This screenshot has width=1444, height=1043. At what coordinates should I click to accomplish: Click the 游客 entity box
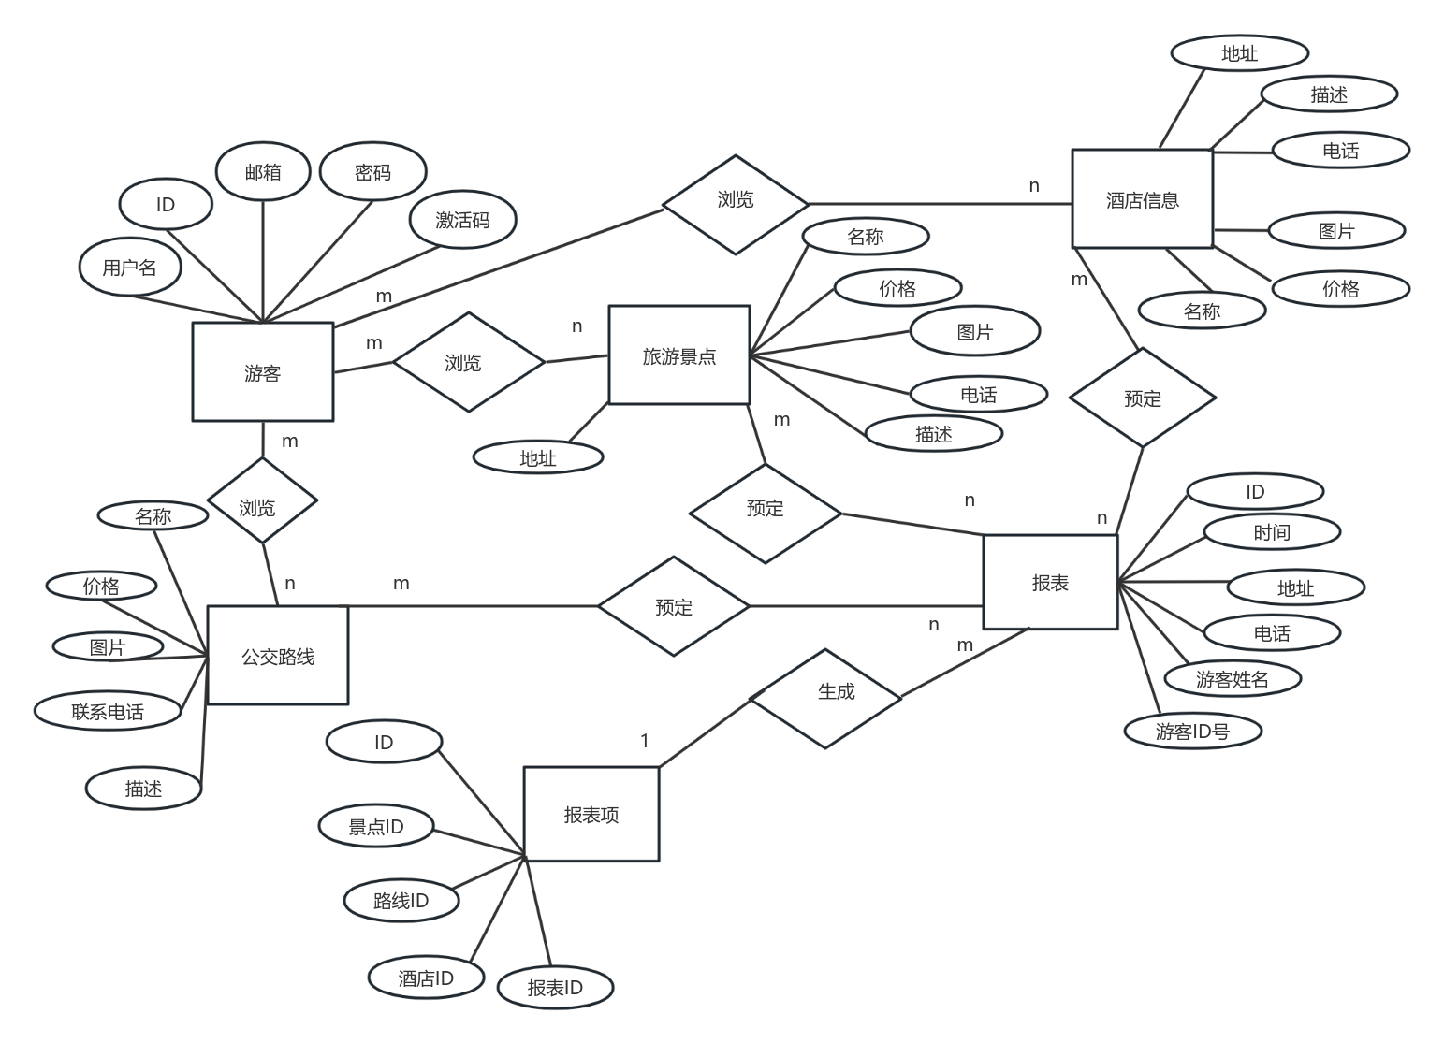coord(262,372)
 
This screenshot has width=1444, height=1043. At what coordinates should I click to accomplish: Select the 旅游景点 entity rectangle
coord(678,355)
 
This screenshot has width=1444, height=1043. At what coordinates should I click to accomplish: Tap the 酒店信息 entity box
coord(1142,199)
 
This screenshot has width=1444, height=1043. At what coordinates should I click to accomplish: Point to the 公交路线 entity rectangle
coord(277,656)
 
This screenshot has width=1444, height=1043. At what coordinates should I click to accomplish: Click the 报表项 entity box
coord(591,814)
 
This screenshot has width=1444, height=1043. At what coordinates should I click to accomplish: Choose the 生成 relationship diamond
coord(826,697)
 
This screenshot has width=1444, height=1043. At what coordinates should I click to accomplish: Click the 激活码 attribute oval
coord(462,220)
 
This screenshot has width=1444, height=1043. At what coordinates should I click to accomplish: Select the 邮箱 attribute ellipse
coord(263,172)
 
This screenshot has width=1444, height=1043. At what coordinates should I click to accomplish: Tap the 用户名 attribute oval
coord(129,268)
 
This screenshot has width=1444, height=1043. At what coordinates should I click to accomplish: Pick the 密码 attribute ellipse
coord(372,172)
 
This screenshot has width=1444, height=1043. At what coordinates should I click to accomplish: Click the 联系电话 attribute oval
coord(108,712)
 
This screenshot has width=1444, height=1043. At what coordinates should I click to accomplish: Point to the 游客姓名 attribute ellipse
coord(1232,679)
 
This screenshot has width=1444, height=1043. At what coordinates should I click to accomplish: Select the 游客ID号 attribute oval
coord(1192,731)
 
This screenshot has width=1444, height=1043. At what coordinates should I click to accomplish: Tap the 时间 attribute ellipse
coord(1271,532)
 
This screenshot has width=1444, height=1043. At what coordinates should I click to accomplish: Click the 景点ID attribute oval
coord(375,827)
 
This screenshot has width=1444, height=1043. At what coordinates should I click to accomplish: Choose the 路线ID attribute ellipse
coord(401,901)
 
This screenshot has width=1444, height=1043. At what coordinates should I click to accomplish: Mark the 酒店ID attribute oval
coord(426,978)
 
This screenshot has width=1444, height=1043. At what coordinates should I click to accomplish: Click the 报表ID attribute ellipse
coord(555,988)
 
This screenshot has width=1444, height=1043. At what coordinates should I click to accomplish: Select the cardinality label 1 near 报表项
coord(645,741)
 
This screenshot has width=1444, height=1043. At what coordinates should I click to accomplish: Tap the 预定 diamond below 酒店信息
coord(1142,398)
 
